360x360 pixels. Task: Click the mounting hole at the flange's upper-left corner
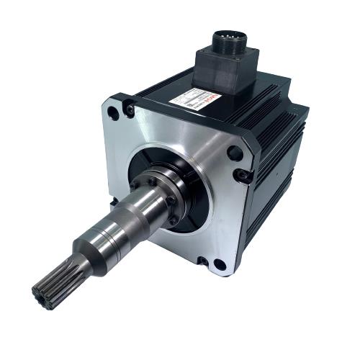click(113, 112)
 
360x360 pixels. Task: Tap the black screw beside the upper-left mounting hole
click(130, 109)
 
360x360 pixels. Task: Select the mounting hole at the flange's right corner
click(235, 153)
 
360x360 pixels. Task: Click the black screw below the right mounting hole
click(244, 175)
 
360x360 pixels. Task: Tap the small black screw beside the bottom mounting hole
click(202, 261)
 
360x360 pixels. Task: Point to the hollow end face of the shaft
click(41, 295)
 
